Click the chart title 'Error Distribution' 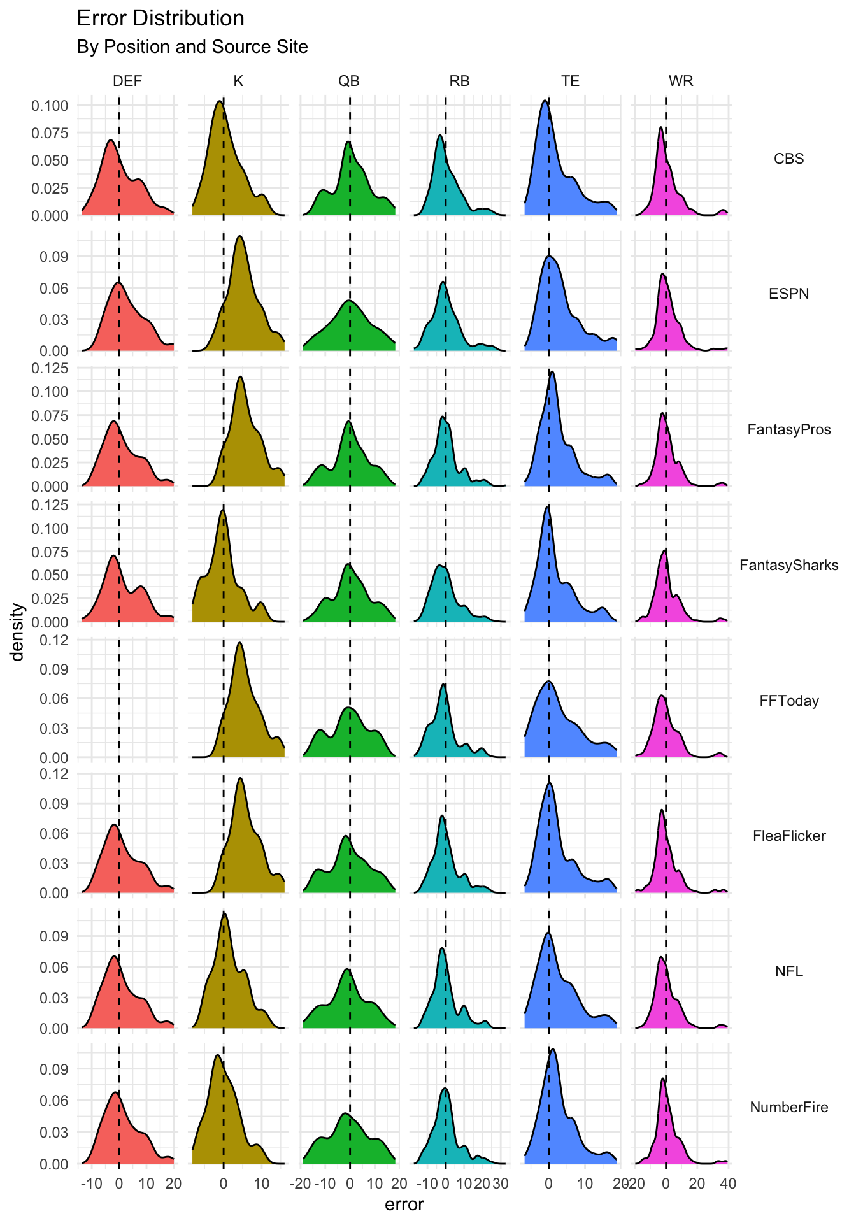(x=160, y=18)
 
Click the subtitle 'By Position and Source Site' (x=192, y=47)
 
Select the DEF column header (x=127, y=81)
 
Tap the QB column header (x=348, y=81)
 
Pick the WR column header (x=681, y=81)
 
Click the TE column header (x=570, y=81)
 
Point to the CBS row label (x=788, y=159)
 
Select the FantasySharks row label (x=788, y=565)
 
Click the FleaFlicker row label (x=788, y=836)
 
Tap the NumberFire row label (x=788, y=1107)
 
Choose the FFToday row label (x=788, y=701)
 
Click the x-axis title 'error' (x=404, y=1205)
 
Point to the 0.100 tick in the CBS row (x=50, y=105)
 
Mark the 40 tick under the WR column (x=727, y=1184)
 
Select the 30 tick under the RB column (x=501, y=1184)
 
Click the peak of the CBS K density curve (x=219, y=101)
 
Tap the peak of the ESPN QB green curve (x=348, y=300)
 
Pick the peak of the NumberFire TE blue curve (x=552, y=1049)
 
